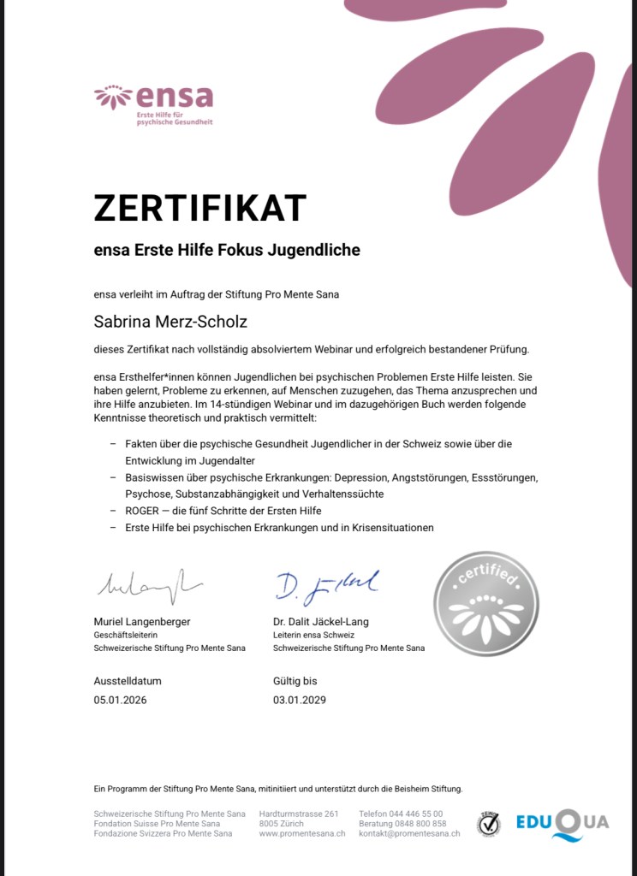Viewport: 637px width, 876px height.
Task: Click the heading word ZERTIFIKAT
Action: (x=199, y=208)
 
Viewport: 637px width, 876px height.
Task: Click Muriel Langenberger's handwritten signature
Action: (x=147, y=588)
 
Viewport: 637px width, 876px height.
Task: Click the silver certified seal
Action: (x=487, y=605)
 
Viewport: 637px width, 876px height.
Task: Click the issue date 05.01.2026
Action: (x=120, y=700)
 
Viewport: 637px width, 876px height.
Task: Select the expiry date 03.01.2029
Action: (x=300, y=700)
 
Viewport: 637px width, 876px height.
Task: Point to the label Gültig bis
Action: (x=295, y=682)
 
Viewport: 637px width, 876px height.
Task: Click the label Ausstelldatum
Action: (x=128, y=682)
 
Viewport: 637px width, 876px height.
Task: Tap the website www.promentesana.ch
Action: (x=302, y=833)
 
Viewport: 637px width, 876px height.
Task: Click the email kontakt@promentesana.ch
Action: (x=409, y=833)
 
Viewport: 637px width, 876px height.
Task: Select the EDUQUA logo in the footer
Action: (x=563, y=824)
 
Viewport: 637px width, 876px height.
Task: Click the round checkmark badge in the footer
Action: (x=488, y=824)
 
